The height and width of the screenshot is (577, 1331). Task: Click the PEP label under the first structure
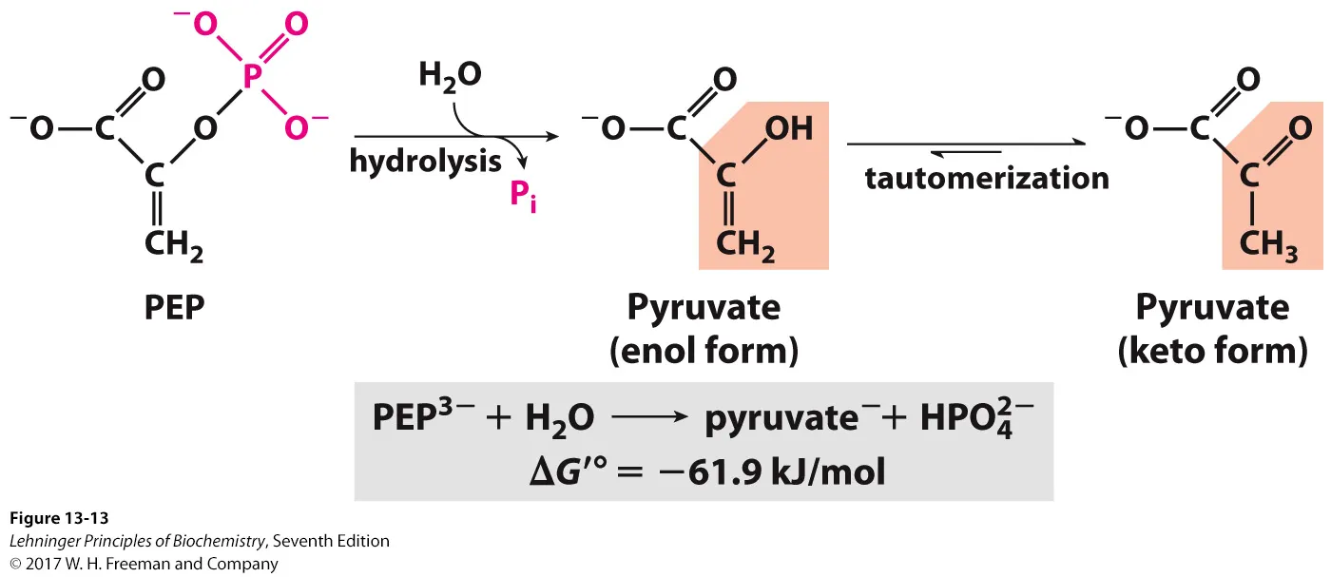[175, 308]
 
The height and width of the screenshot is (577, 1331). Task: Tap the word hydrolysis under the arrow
[425, 161]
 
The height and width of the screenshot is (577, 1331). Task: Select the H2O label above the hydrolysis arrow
[448, 76]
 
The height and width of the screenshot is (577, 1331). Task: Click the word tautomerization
[987, 178]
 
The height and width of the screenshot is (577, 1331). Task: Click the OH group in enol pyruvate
[788, 128]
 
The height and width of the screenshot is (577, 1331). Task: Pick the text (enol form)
[704, 352]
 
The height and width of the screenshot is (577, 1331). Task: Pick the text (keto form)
[1212, 352]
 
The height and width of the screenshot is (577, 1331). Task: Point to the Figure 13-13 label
[59, 518]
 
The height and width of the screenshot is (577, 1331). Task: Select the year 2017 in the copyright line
[43, 564]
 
